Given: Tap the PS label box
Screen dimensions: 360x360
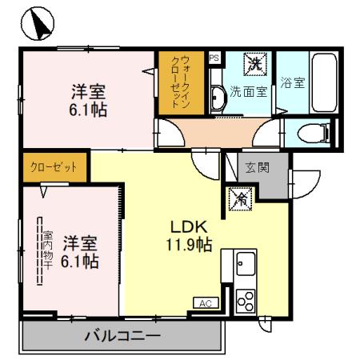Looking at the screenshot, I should pos(214,58).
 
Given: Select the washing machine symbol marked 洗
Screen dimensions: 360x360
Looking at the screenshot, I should pos(255,62).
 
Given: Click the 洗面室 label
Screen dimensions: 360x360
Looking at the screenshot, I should pos(250,91).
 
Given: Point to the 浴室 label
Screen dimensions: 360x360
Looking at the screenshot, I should pos(293,82).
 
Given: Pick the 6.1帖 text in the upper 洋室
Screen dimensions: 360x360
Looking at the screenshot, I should pos(90,110).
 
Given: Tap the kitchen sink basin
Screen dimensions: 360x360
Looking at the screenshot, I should pos(245,262).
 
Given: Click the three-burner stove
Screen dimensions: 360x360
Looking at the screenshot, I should pos(244,300).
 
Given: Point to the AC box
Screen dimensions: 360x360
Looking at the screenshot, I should pos(204,303).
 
